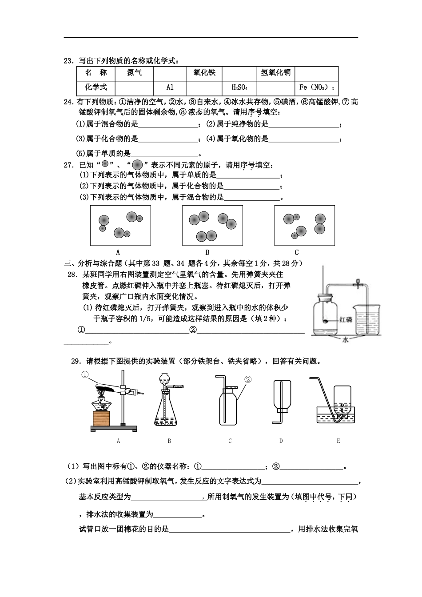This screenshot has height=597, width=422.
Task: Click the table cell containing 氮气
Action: pyautogui.click(x=134, y=73)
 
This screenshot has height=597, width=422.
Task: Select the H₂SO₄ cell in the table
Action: pyautogui.click(x=239, y=88)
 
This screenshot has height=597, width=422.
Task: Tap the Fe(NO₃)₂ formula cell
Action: pyautogui.click(x=316, y=88)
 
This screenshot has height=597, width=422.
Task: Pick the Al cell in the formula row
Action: pyautogui.click(x=170, y=88)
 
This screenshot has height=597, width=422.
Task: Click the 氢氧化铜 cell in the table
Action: pyautogui.click(x=275, y=73)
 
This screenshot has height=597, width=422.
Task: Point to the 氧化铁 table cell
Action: pyautogui.click(x=204, y=73)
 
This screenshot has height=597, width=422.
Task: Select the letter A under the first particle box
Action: pyautogui.click(x=118, y=252)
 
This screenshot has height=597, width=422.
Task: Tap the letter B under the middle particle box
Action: pyautogui.click(x=207, y=252)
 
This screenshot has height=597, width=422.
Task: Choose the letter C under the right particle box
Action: pyautogui.click(x=297, y=252)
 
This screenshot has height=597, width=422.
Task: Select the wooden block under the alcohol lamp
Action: pyautogui.click(x=101, y=418)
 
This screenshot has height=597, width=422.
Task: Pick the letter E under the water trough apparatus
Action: pyautogui.click(x=338, y=441)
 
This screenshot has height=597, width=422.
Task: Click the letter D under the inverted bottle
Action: pyautogui.click(x=281, y=441)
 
